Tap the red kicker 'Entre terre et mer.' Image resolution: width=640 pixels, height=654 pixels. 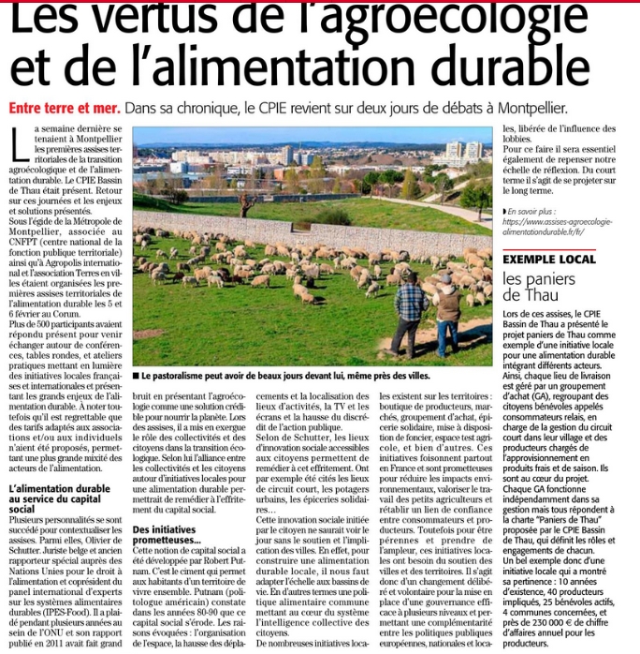point(63,109)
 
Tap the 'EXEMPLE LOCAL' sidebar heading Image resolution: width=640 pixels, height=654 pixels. point(549,258)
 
